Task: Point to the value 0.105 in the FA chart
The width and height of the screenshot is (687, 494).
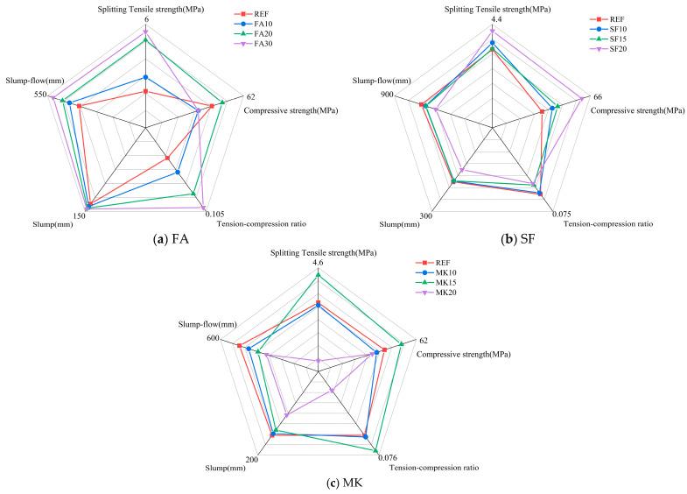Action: [x=214, y=214]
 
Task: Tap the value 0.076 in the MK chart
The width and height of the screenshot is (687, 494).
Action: [x=387, y=458]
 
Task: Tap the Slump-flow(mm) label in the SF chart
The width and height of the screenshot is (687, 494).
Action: [x=382, y=81]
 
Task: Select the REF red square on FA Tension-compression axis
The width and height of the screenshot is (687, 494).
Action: [x=167, y=159]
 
